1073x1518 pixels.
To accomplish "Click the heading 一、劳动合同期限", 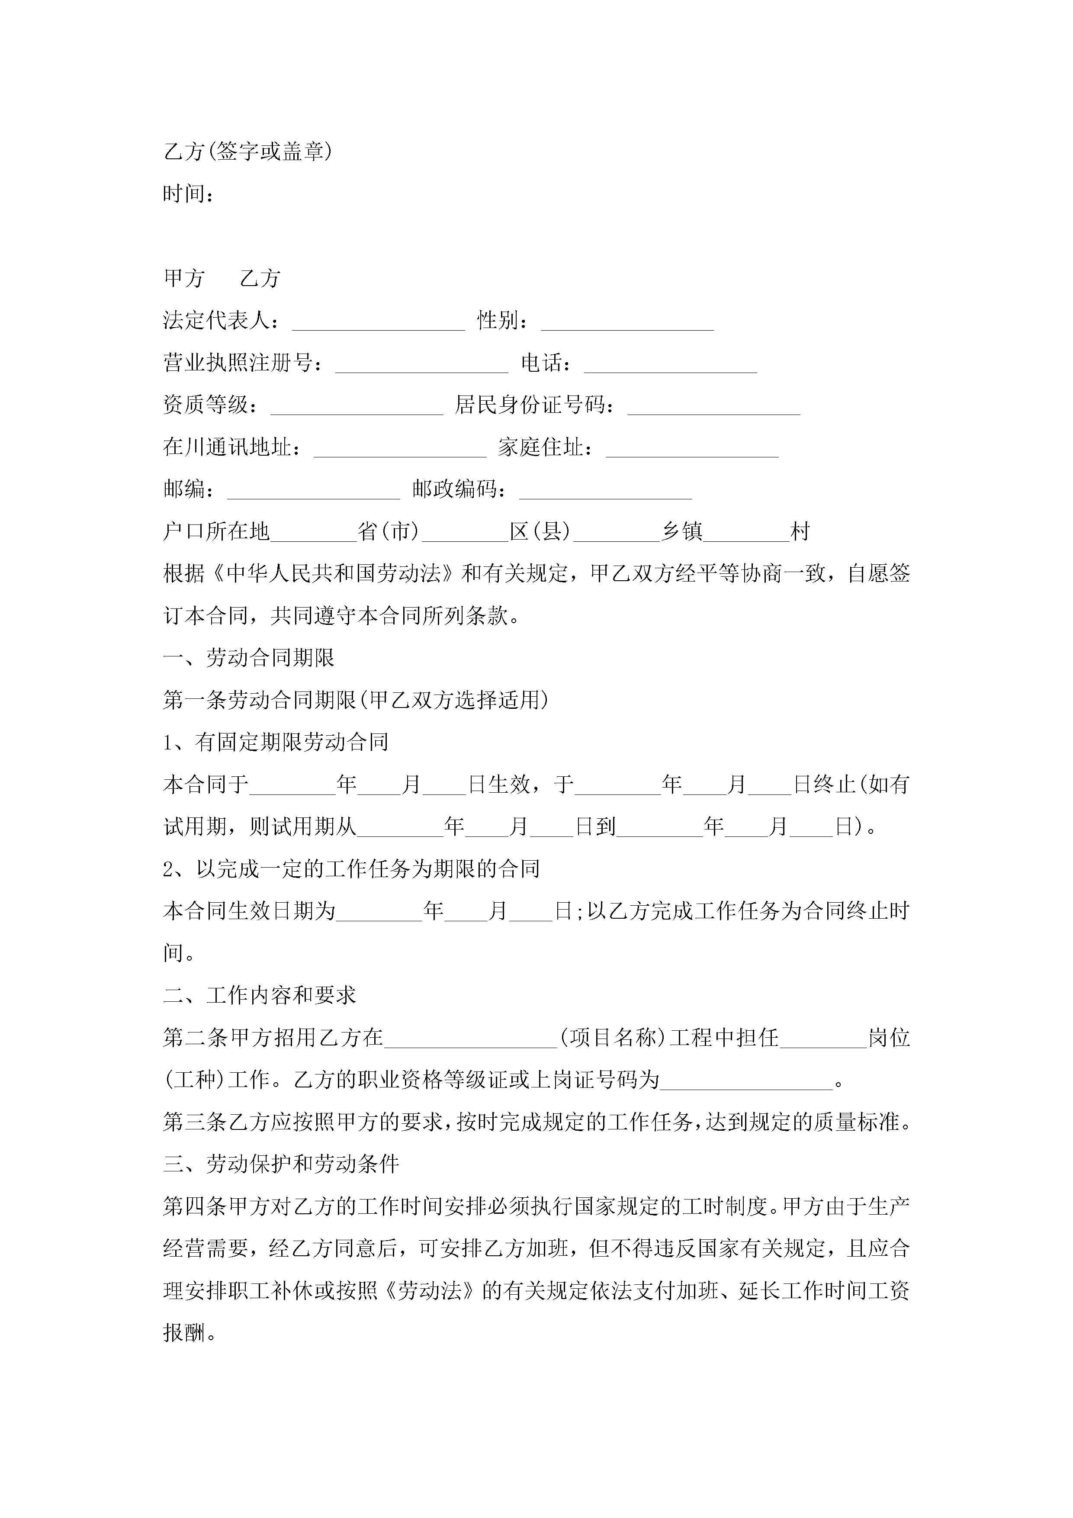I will pos(249,658).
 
